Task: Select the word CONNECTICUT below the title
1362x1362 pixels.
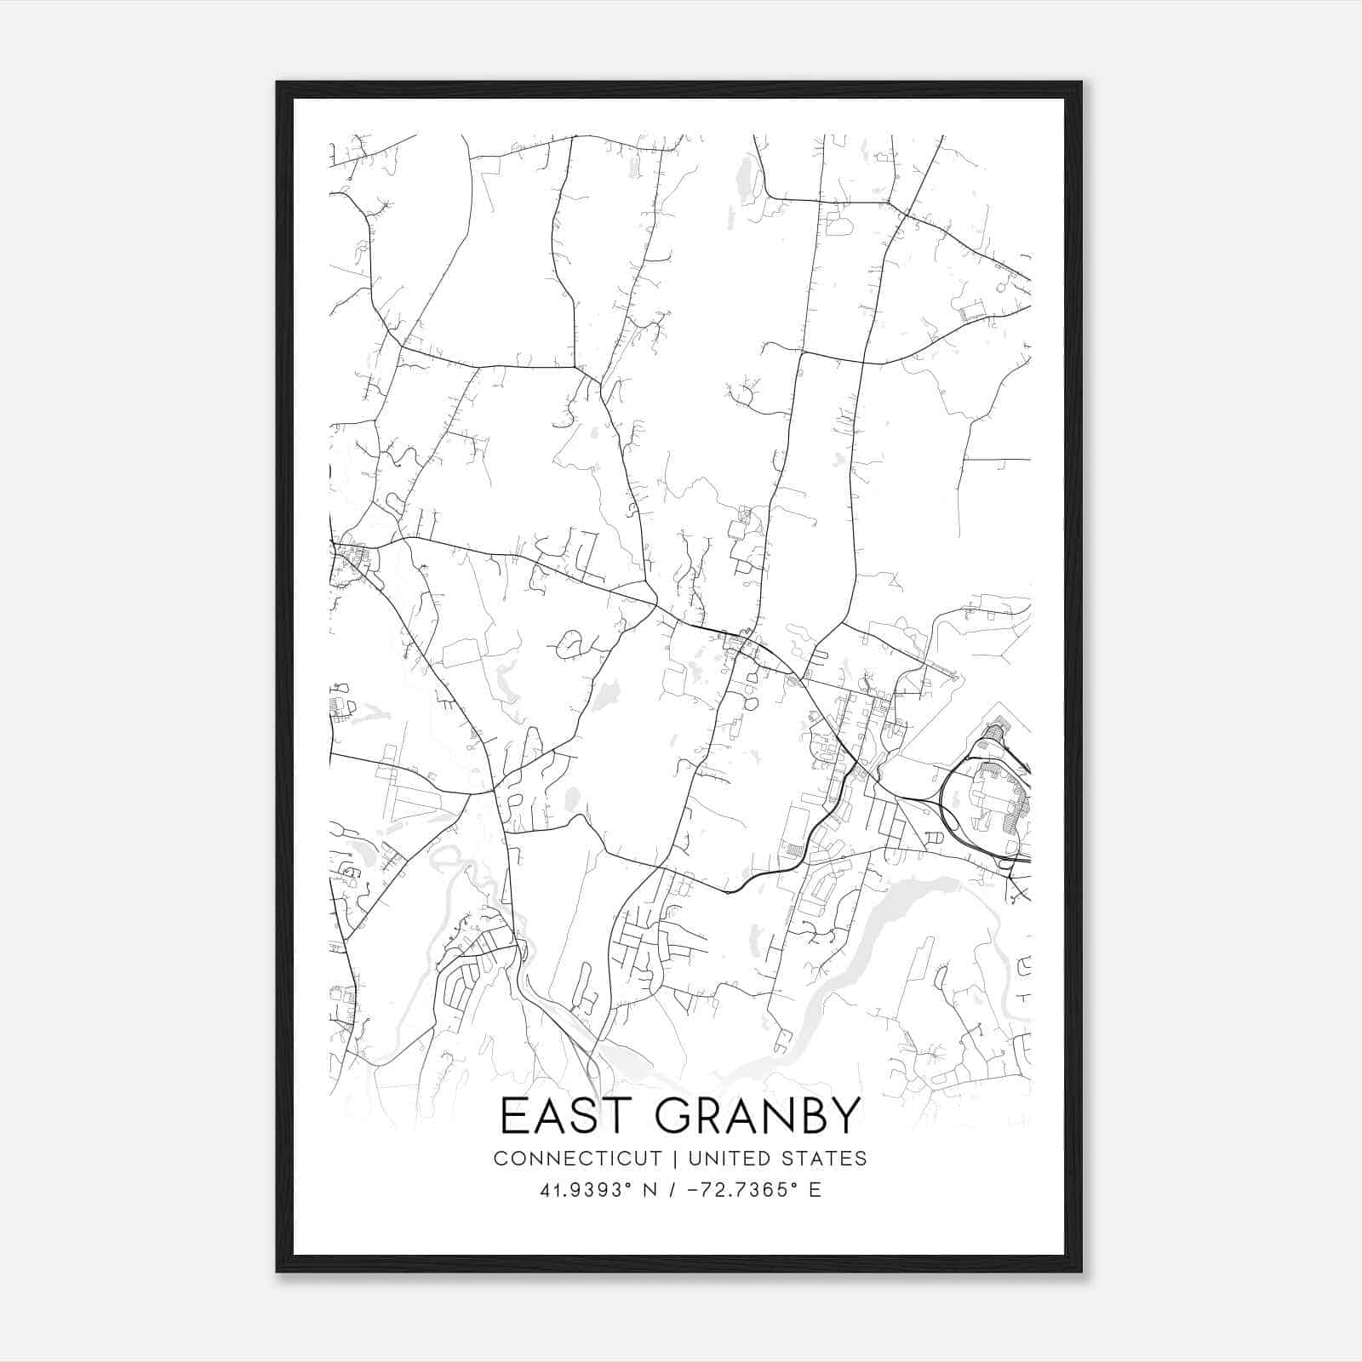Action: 577,1159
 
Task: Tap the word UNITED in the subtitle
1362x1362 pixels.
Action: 728,1159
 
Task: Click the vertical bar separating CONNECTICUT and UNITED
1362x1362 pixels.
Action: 675,1159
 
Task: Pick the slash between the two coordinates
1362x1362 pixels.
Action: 672,1190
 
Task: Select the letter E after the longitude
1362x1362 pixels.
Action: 815,1190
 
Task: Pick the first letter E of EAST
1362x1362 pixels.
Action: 512,1116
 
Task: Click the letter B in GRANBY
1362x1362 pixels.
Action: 808,1116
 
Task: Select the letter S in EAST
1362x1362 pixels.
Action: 580,1116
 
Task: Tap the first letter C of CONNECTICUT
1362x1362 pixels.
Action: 500,1159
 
